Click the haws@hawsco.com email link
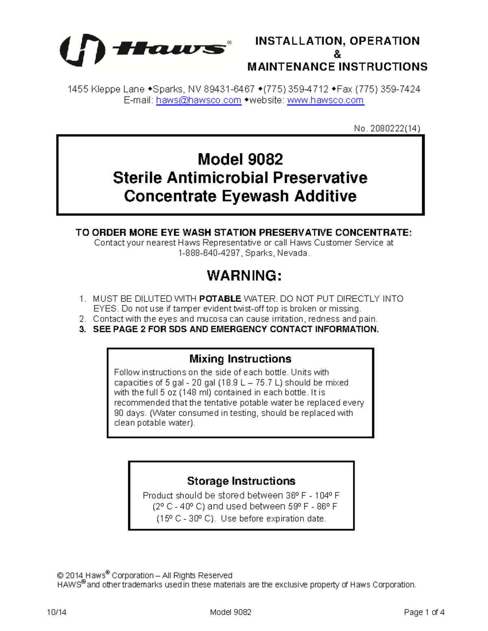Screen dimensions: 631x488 [x=198, y=100]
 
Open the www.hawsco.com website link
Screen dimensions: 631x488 [x=325, y=100]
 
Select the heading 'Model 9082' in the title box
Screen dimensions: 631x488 [x=240, y=159]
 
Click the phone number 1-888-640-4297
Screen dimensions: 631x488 [x=209, y=253]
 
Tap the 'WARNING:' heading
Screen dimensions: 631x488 [x=244, y=275]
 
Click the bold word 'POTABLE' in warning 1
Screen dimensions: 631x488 [x=220, y=299]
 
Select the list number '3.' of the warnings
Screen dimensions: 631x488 [x=83, y=329]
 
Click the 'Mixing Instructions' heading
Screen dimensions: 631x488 [x=240, y=359]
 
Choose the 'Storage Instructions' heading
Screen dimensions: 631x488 [x=241, y=481]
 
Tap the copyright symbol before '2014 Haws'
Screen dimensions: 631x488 [x=60, y=576]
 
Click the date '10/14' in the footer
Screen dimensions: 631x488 [x=57, y=612]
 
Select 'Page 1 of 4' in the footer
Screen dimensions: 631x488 [x=424, y=612]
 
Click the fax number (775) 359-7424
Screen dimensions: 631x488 [x=388, y=89]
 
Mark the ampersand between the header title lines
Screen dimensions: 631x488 [x=337, y=54]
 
